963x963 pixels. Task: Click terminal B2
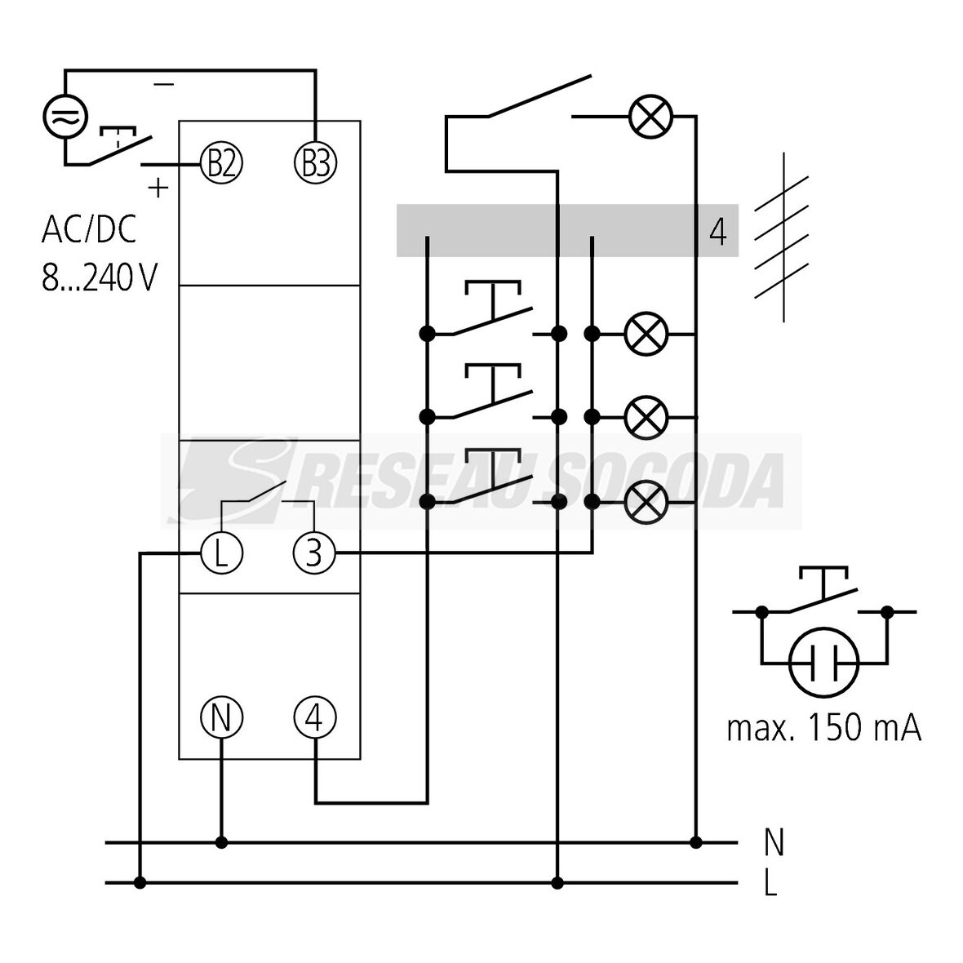[222, 164]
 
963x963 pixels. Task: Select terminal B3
[315, 164]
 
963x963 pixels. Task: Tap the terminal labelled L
[222, 553]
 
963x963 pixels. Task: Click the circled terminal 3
[315, 553]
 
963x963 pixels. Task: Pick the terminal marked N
[222, 717]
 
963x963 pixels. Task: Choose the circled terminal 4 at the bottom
[315, 717]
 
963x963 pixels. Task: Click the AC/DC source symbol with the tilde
[64, 116]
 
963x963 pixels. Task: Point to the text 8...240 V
[99, 277]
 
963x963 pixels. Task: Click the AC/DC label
[89, 230]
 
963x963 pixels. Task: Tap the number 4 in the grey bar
[717, 232]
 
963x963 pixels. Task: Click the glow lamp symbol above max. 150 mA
[824, 662]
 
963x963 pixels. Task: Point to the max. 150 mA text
[824, 728]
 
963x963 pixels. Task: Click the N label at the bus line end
[773, 842]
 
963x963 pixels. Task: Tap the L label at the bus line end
[770, 884]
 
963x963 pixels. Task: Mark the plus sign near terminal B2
[158, 188]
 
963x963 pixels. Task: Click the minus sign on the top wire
[163, 84]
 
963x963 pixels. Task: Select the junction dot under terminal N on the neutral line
[221, 842]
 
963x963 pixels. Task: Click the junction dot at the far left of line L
[140, 882]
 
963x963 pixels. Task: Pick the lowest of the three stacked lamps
[646, 501]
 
